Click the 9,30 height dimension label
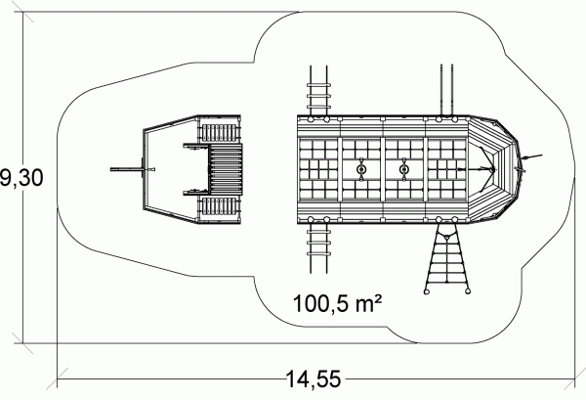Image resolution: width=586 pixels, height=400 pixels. pos(21,178)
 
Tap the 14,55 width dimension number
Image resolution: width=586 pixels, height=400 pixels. pos(314,379)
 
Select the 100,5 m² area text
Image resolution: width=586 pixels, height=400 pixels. pos(338,303)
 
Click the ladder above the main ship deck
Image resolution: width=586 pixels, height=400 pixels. pos(318,91)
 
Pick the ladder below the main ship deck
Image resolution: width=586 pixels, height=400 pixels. pos(318,248)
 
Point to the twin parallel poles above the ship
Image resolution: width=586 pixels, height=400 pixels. pos(446,90)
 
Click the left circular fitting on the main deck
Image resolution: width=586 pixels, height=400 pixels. pos(361,169)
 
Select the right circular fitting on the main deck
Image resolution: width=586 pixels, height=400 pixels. pos(404,169)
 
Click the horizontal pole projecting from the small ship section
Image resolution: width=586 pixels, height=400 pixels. pos(127,169)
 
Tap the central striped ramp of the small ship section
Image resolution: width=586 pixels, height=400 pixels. pos(226,169)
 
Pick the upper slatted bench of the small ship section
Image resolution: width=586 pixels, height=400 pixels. pos(220,133)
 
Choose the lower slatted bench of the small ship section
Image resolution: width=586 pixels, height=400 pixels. pos(220,206)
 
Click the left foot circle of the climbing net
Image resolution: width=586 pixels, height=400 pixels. pos(427,291)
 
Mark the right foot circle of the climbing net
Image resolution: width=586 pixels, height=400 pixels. pos(467,291)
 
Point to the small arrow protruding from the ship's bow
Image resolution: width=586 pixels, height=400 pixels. pos(532,156)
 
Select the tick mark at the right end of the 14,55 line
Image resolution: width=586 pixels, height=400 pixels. pos(575,379)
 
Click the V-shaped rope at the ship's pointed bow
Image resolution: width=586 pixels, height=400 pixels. pos(488,169)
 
